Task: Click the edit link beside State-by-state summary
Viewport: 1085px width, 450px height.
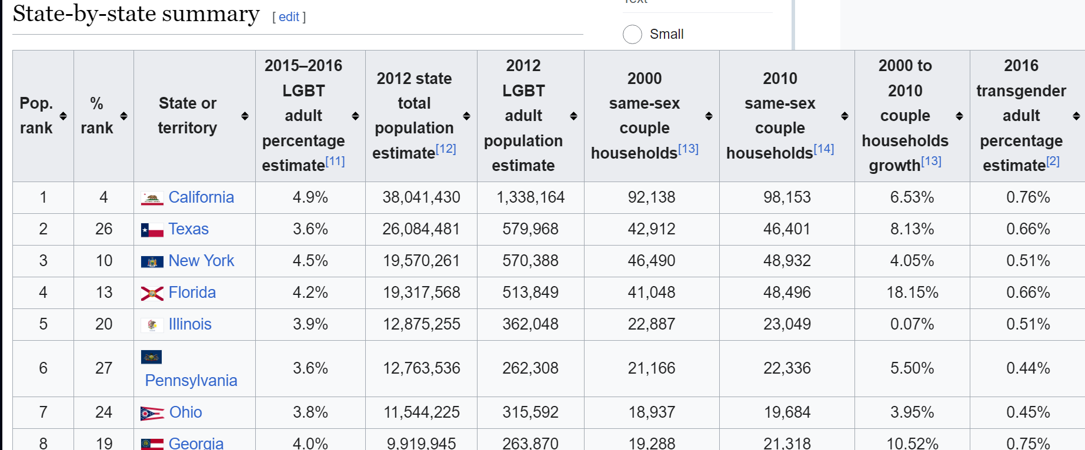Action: [x=289, y=17]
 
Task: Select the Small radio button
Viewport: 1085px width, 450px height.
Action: [x=632, y=34]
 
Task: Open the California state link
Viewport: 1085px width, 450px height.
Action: [x=201, y=197]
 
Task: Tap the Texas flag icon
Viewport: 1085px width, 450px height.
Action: [x=152, y=230]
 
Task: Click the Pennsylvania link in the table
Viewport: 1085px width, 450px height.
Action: [x=191, y=381]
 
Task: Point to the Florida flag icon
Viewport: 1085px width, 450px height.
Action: [x=152, y=293]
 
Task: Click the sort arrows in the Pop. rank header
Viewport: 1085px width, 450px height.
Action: [x=63, y=116]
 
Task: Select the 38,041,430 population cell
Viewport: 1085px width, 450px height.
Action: [x=421, y=197]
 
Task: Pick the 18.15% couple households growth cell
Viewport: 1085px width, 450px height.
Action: [x=912, y=293]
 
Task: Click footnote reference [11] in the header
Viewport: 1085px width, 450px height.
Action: [x=335, y=161]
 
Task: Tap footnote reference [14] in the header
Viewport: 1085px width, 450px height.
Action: [x=824, y=149]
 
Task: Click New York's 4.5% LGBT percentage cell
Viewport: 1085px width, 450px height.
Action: [x=311, y=261]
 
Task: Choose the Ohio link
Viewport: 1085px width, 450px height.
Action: [x=186, y=412]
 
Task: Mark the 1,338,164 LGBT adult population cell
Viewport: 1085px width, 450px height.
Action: [x=530, y=197]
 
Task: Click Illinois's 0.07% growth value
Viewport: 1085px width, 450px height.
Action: [x=912, y=324]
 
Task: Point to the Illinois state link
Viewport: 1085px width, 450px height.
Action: [x=190, y=324]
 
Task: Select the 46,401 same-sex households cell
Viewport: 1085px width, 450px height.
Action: [x=787, y=229]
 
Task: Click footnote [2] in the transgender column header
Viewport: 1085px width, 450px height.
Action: [x=1053, y=161]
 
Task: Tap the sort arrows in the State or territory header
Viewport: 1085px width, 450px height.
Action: [x=245, y=116]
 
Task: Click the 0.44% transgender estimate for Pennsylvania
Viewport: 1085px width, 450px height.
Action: [x=1028, y=368]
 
